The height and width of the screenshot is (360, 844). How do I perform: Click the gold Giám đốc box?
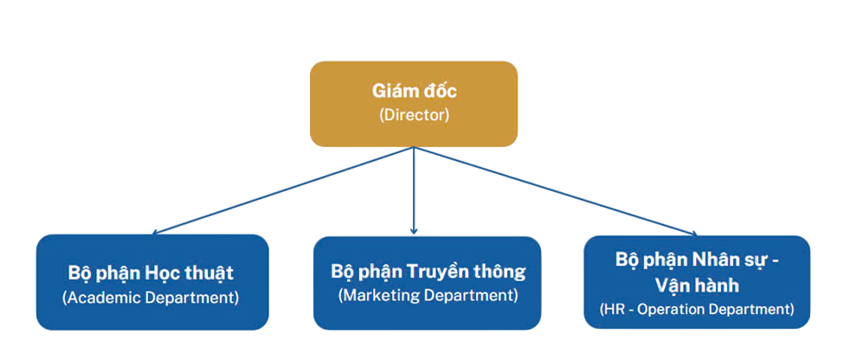click(x=414, y=103)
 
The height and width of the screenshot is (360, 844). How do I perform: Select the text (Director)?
click(x=414, y=116)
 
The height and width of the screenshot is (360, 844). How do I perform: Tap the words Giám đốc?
click(x=414, y=91)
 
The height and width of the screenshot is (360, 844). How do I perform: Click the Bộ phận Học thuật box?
click(x=152, y=282)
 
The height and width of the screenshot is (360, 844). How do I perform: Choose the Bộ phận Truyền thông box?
click(x=427, y=282)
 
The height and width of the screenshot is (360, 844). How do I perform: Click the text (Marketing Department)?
click(x=428, y=295)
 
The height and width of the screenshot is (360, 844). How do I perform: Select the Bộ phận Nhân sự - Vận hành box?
click(x=697, y=283)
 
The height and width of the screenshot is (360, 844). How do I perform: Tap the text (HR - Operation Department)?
click(x=697, y=309)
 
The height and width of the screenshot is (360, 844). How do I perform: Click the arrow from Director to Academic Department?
click(x=286, y=190)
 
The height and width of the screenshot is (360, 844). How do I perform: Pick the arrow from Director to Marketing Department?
click(x=414, y=190)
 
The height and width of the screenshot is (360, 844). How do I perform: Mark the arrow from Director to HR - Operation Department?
click(x=554, y=190)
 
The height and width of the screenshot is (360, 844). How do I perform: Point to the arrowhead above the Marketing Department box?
click(x=414, y=231)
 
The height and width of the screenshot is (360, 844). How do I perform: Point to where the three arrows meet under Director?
click(x=414, y=149)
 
